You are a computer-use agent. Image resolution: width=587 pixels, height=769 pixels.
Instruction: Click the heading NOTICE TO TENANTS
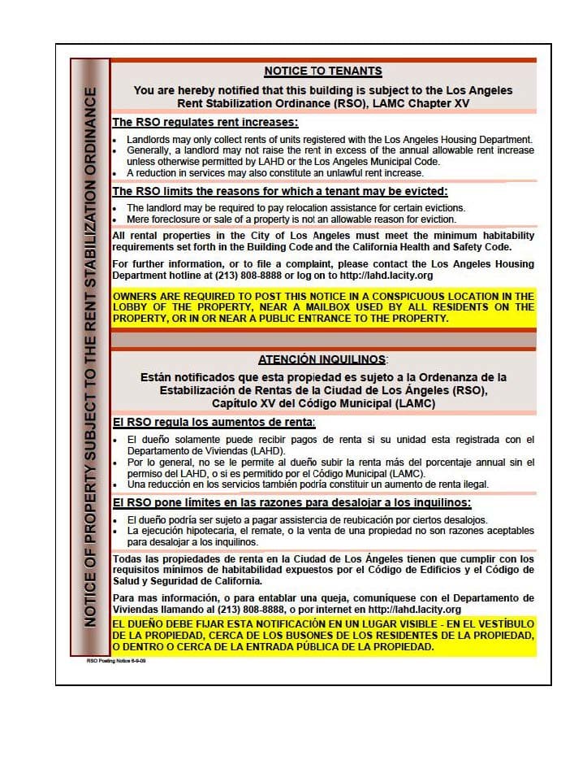tap(323, 72)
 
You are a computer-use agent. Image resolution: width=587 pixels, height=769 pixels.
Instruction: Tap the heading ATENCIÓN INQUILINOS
tap(322, 358)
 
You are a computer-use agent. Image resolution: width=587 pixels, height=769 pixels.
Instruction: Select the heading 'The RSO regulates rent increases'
tap(205, 123)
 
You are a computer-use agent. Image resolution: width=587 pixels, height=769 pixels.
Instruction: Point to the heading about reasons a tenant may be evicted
tap(279, 192)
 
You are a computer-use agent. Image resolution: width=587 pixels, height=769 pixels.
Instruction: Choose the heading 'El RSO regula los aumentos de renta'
tap(214, 424)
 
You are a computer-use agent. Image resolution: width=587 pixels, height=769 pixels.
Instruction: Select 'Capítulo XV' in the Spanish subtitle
tap(243, 402)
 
